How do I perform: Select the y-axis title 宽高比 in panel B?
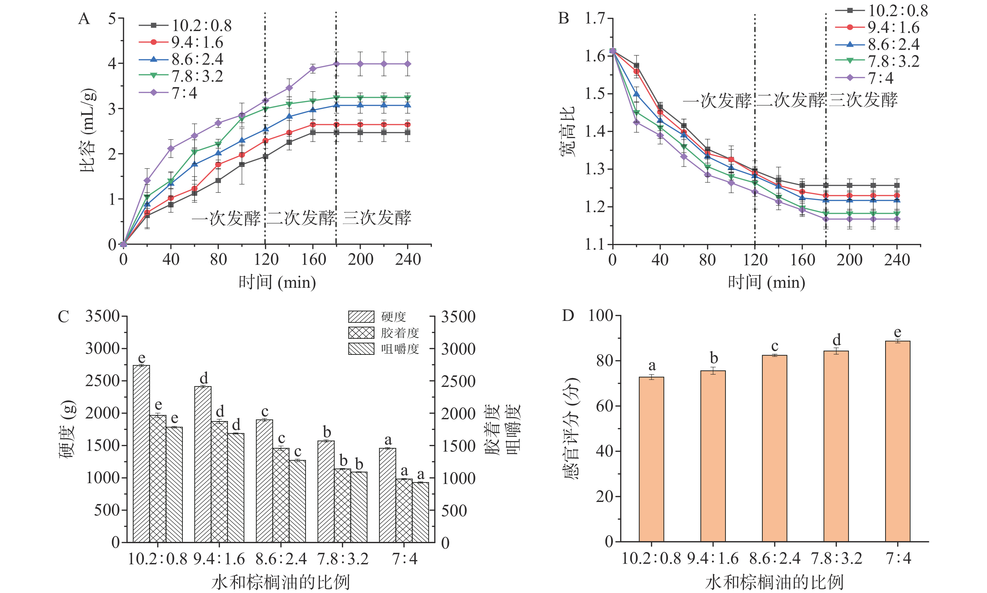(567, 131)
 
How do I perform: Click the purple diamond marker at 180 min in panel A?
(336, 64)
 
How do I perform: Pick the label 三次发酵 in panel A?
(377, 218)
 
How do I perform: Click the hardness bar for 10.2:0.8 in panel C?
(142, 453)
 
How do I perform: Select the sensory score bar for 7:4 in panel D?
(897, 441)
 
